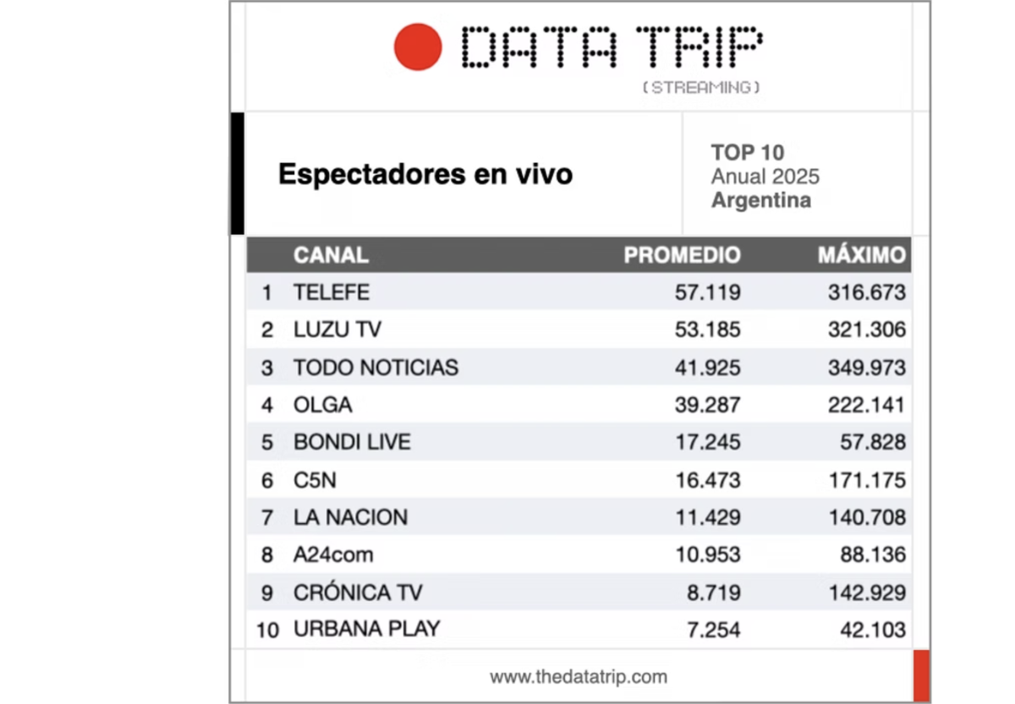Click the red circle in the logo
pos(418,46)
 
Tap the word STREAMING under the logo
pos(701,87)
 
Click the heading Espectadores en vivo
pos(425,175)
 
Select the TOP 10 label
pos(748,153)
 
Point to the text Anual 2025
pos(765,177)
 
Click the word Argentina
pos(761,200)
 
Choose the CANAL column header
pos(331,255)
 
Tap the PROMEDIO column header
pos(682,255)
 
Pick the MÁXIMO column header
pos(861,255)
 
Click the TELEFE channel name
pos(332,292)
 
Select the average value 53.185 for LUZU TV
pos(707,330)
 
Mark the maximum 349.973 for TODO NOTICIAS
pos(866,368)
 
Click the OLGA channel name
pos(322,405)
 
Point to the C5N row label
pos(315,480)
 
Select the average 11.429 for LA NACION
pos(707,517)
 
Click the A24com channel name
pos(333,554)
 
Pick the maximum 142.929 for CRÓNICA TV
pos(866,592)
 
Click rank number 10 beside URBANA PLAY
pos(267,630)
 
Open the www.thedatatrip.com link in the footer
pos(579,677)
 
